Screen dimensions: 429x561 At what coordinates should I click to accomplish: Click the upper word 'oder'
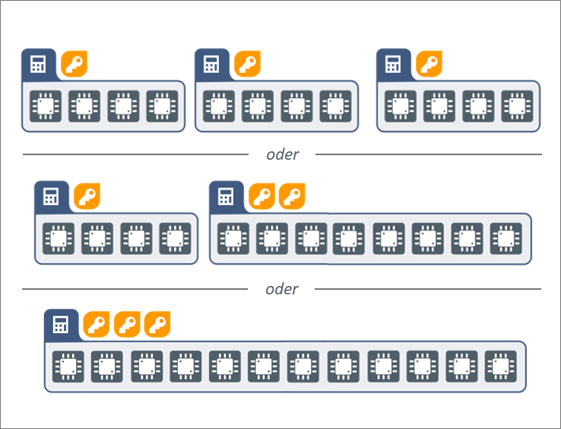282,154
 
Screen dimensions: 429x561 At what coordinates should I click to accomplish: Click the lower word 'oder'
282,289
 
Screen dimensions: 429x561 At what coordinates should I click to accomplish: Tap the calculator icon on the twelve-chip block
60,325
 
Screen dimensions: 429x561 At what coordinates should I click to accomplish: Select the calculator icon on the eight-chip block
226,197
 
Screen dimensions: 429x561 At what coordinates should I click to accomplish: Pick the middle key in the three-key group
127,325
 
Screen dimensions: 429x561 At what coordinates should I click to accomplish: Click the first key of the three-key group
96,325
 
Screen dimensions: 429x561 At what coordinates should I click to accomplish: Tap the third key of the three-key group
157,325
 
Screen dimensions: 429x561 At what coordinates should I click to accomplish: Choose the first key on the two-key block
261,197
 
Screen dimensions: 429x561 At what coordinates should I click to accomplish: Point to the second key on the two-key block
292,197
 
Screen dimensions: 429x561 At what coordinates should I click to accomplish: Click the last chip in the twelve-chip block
499,367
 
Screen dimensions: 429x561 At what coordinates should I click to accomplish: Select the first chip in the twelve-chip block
68,367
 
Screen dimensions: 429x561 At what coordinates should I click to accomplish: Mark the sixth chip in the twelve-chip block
264,367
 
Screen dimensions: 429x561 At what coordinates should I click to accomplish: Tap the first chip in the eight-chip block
233,238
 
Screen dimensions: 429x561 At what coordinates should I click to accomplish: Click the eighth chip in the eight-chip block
506,238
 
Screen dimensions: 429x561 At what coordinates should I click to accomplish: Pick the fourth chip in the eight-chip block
350,238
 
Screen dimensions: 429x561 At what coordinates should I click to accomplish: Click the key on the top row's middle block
247,65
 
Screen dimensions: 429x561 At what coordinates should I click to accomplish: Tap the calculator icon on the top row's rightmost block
393,65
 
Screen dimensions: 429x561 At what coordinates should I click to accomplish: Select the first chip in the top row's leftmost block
46,106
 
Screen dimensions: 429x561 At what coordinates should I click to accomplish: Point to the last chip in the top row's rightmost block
517,106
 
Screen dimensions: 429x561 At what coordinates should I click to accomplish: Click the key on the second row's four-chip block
87,197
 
